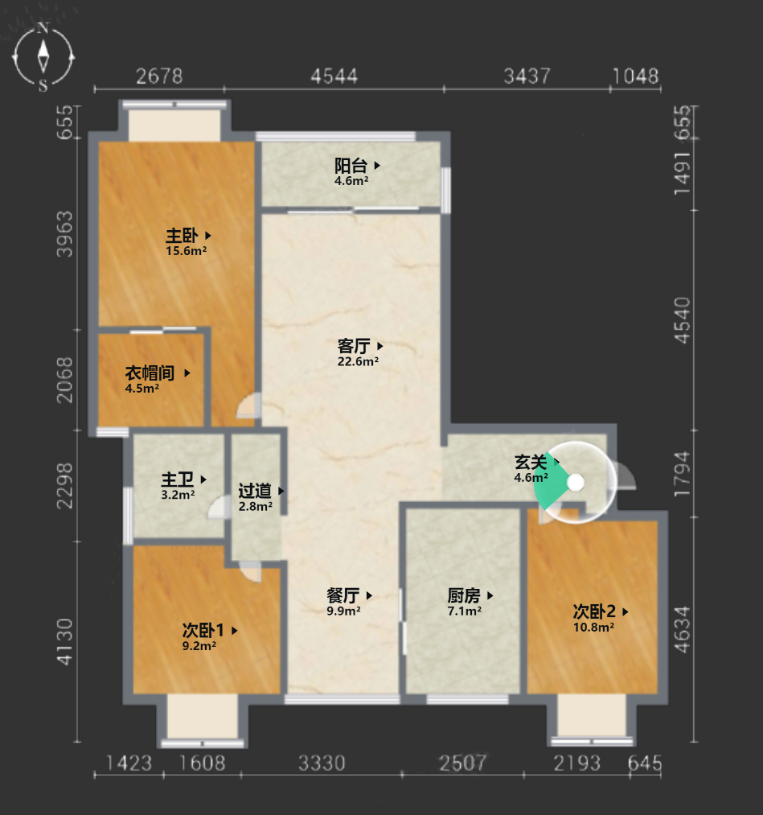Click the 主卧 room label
pyautogui.click(x=182, y=236)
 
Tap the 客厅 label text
pyautogui.click(x=354, y=346)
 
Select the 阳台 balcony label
pyautogui.click(x=351, y=166)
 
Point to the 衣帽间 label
pyautogui.click(x=150, y=373)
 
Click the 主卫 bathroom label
pyautogui.click(x=177, y=480)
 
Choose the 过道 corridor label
pyautogui.click(x=255, y=491)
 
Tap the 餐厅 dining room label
pyautogui.click(x=343, y=595)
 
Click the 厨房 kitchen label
pyautogui.click(x=464, y=595)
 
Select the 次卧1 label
pyautogui.click(x=203, y=631)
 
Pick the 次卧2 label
pyautogui.click(x=594, y=611)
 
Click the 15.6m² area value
pyautogui.click(x=186, y=251)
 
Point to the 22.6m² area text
pyautogui.click(x=358, y=361)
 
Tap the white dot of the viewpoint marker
pyautogui.click(x=576, y=483)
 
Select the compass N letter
pyautogui.click(x=43, y=28)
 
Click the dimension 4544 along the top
pyautogui.click(x=334, y=76)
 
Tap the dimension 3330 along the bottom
pyautogui.click(x=322, y=763)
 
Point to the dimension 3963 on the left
pyautogui.click(x=65, y=234)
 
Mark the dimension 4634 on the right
pyautogui.click(x=682, y=629)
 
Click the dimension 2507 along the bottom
pyautogui.click(x=463, y=763)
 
